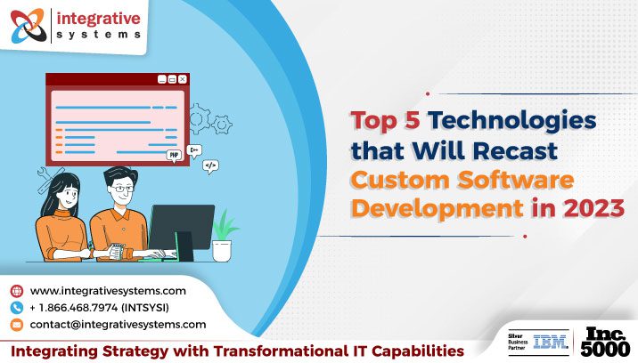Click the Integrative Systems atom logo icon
click(x=28, y=25)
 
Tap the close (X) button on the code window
click(x=183, y=79)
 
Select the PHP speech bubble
click(x=174, y=154)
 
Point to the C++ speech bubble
click(x=194, y=149)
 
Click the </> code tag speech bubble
click(x=210, y=165)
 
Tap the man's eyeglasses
click(x=123, y=190)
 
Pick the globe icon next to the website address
click(x=16, y=291)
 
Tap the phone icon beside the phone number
click(x=16, y=308)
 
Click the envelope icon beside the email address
click(x=16, y=325)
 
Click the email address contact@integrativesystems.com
click(x=118, y=325)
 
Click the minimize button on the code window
click(x=161, y=79)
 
